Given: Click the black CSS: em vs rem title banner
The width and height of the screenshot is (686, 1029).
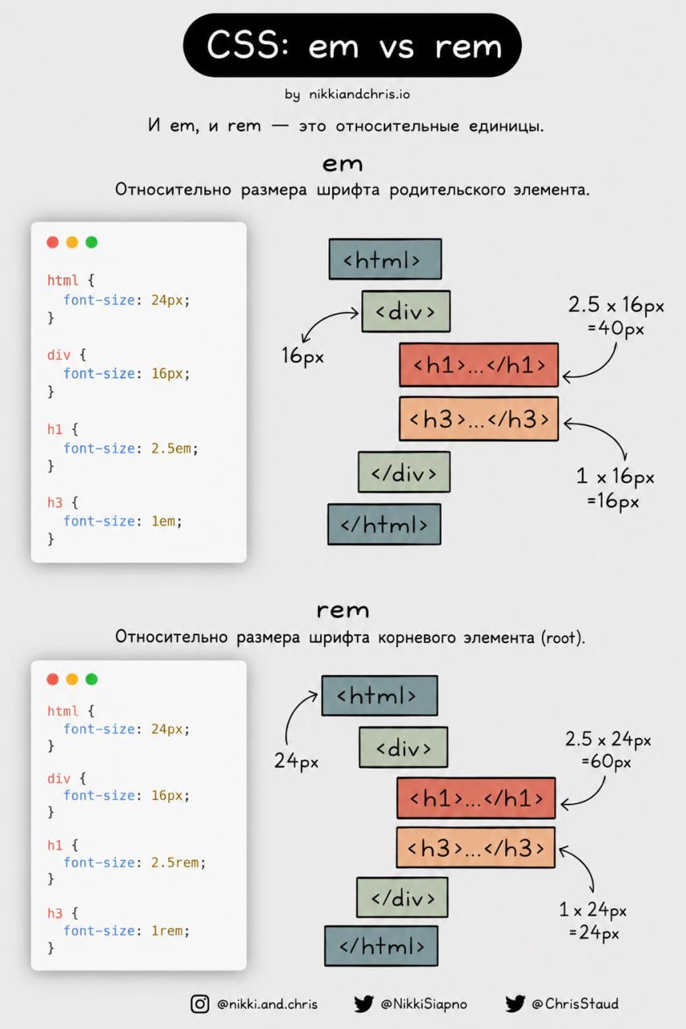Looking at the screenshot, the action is (352, 45).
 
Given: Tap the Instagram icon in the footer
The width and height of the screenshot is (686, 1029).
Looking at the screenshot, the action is (199, 1004).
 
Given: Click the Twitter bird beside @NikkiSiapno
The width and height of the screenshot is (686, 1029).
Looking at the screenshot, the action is (364, 1004).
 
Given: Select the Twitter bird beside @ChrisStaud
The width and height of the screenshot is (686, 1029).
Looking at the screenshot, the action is (515, 1004).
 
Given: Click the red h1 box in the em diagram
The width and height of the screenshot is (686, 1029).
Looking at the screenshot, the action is (479, 365).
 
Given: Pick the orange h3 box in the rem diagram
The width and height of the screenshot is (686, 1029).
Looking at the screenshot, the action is (475, 847).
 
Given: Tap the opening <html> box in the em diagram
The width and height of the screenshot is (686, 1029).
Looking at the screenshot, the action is (385, 259).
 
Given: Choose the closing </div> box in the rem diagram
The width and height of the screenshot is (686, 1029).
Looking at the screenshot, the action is (402, 897).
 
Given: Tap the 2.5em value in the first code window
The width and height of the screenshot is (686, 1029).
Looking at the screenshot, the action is (171, 449).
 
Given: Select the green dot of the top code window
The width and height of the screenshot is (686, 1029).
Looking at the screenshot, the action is (92, 242).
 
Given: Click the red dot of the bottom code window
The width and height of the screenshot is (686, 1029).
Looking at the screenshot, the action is (53, 679).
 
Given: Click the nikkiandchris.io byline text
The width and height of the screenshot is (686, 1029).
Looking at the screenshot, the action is (359, 94).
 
